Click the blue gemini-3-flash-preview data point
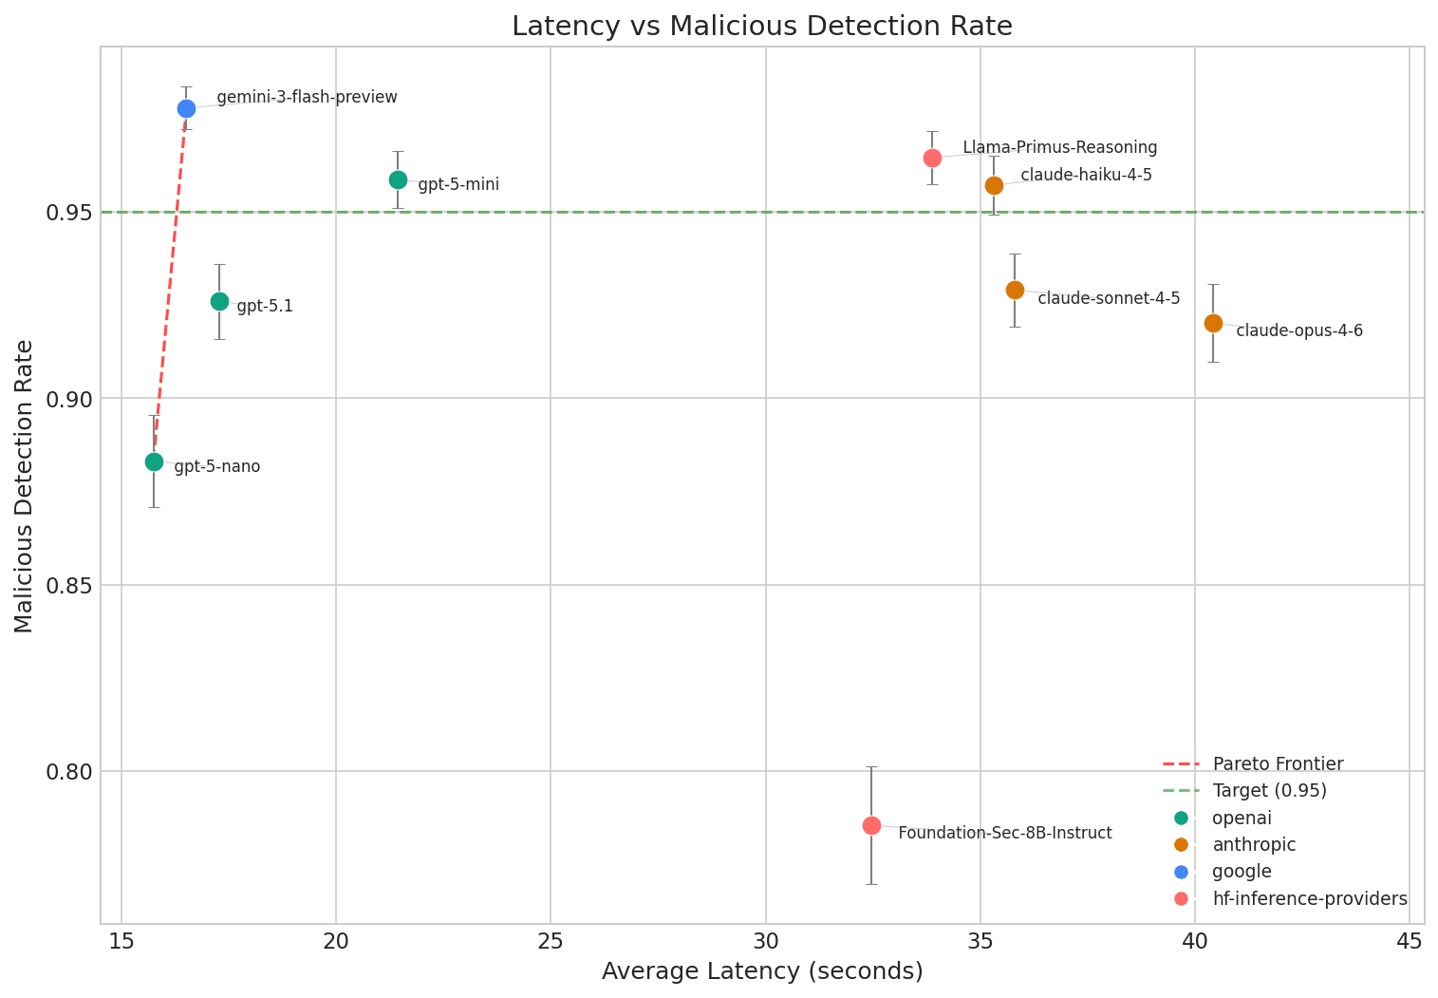coord(186,108)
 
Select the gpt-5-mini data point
coord(398,179)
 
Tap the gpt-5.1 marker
coord(219,301)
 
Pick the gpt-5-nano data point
coord(154,461)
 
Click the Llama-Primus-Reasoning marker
coord(932,158)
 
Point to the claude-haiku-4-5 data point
coord(994,185)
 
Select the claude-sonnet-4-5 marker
coord(1015,290)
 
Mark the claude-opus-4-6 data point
coord(1213,323)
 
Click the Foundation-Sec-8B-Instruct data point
coord(871,825)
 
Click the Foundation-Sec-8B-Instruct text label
coord(1004,834)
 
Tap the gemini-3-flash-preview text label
coord(307,98)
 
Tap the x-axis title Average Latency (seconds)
coord(762,971)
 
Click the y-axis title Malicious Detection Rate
coord(25,486)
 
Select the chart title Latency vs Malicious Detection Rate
coord(762,27)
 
